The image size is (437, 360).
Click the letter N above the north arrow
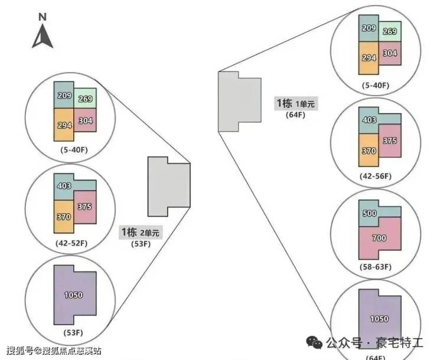43,17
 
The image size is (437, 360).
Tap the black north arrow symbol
43,37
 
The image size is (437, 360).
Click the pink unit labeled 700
379,238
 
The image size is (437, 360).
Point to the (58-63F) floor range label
375,267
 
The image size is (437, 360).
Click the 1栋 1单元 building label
295,103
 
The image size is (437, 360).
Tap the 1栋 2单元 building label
140,232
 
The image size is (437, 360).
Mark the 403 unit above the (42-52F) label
64,186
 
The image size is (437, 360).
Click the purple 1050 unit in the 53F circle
74,295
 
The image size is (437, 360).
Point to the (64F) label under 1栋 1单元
295,115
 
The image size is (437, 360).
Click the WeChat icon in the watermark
312,342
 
